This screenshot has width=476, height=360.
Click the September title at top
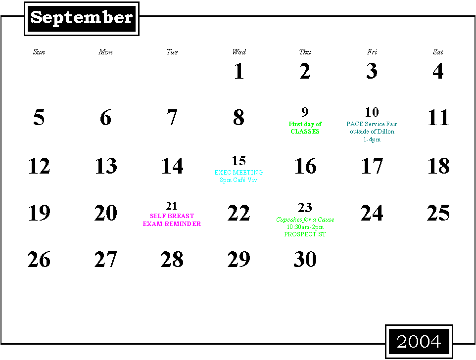pos(82,18)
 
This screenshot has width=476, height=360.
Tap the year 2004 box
pos(419,341)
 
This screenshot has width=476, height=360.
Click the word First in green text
pos(295,124)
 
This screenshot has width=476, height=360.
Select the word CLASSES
pos(305,132)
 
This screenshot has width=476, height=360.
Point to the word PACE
pos(355,124)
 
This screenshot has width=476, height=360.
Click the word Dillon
pos(385,132)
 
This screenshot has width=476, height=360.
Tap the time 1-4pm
pos(372,139)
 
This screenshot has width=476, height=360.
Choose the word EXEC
pos(223,173)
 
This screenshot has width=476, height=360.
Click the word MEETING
pos(248,173)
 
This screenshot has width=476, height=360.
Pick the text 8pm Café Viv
pos(238,180)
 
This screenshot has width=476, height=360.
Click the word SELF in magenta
pos(157,216)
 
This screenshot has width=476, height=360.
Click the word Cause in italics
pos(326,220)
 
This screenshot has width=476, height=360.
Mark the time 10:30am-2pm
pos(305,227)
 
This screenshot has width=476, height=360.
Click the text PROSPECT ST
pos(305,234)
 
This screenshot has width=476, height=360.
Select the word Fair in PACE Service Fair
pos(391,124)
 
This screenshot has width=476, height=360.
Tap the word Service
pos(375,124)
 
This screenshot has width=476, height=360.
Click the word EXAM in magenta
pos(152,224)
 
